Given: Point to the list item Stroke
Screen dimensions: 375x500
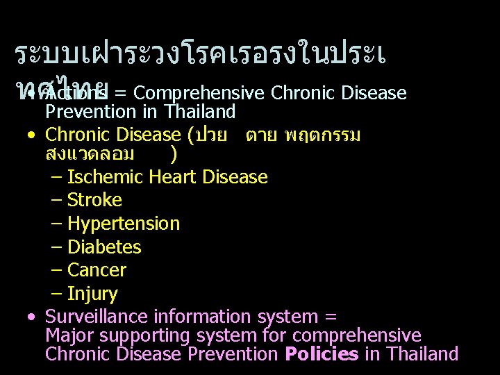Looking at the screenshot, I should click(x=94, y=201).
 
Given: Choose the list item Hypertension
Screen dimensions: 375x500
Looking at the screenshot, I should click(x=124, y=224).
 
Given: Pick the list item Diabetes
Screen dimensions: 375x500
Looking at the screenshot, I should click(x=104, y=247).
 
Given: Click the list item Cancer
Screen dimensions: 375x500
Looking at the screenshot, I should click(x=97, y=270).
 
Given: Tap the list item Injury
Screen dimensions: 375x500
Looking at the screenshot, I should click(x=92, y=294).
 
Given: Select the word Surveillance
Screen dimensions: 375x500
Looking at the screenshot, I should click(x=97, y=317).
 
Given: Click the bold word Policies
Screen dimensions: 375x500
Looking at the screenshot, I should click(x=322, y=354).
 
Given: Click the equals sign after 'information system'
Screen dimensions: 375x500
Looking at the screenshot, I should click(x=330, y=318).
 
